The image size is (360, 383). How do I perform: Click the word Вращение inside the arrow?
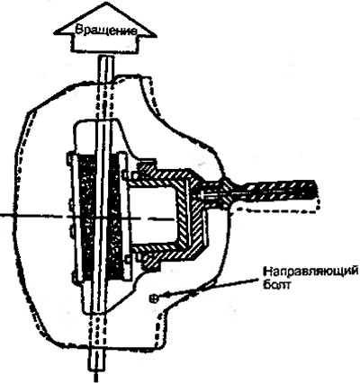106,31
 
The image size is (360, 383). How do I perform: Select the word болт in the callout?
276,284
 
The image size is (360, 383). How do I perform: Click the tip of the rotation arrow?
104,3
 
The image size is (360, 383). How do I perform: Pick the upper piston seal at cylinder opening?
146,168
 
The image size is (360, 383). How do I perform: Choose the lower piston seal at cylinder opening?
148,260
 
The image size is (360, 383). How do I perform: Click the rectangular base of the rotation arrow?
105,43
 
